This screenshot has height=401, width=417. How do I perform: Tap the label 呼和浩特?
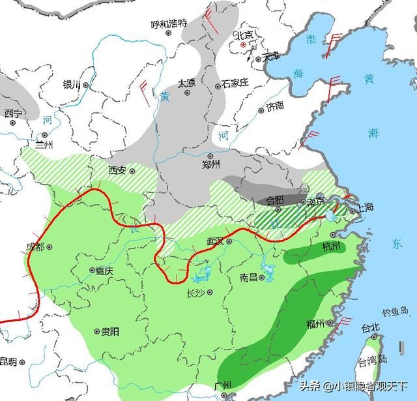coord(169,24)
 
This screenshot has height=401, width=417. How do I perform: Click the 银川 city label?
coord(71,85)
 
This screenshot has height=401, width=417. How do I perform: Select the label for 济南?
coord(276,106)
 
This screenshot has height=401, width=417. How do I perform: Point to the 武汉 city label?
coord(215,241)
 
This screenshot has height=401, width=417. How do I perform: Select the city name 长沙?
coord(196,292)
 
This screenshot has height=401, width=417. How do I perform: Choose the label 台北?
coord(370,327)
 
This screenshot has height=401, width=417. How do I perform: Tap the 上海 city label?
coord(366,208)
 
